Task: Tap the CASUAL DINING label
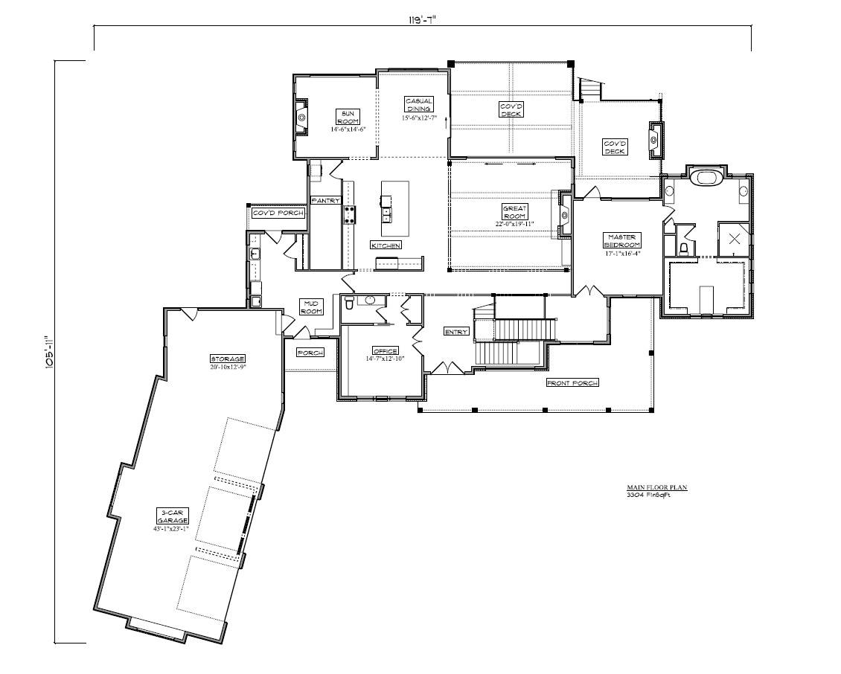pos(418,105)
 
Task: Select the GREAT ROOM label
pos(514,211)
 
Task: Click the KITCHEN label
pos(386,245)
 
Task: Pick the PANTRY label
pos(325,200)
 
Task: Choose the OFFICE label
pos(386,350)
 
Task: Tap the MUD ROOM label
pos(310,306)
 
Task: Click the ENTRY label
pos(455,331)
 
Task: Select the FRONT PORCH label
pos(573,382)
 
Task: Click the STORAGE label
pos(227,359)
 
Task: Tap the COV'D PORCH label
pos(278,213)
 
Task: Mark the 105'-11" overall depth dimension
pos(50,351)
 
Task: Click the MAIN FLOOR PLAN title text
pos(656,487)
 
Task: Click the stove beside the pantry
pos(349,215)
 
